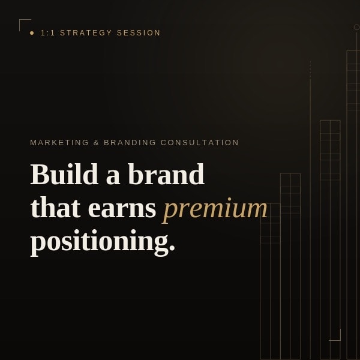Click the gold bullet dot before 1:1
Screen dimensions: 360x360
(x=32, y=33)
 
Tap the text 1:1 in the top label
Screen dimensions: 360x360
(x=48, y=33)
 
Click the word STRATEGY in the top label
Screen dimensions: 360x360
(x=86, y=33)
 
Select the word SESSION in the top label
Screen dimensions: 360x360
(x=139, y=33)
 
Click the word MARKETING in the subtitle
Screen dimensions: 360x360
(x=59, y=143)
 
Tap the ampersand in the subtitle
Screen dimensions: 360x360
(x=96, y=143)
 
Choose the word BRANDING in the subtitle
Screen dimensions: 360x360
(x=130, y=143)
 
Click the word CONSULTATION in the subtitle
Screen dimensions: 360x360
(x=200, y=143)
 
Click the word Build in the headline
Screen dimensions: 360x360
(x=65, y=174)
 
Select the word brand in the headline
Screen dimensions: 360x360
(x=166, y=174)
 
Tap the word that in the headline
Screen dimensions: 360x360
(x=56, y=207)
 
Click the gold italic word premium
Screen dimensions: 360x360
(x=215, y=209)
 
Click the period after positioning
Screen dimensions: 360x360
(x=172, y=247)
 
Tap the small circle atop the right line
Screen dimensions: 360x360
(x=356, y=27)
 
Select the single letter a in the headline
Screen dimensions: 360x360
(x=113, y=178)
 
